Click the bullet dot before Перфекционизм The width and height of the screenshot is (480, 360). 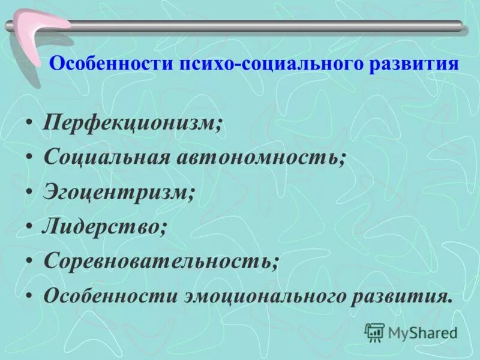29,124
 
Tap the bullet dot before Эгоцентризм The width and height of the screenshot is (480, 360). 29,193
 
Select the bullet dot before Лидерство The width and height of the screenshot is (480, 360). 29,227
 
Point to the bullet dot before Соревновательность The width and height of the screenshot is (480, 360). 29,262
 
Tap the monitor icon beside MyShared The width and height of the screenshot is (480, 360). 374,332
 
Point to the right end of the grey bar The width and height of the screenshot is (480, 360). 461,25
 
